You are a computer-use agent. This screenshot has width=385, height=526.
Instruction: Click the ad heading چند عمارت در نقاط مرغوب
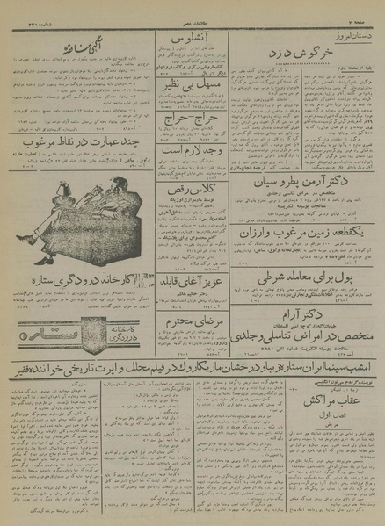80,143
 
